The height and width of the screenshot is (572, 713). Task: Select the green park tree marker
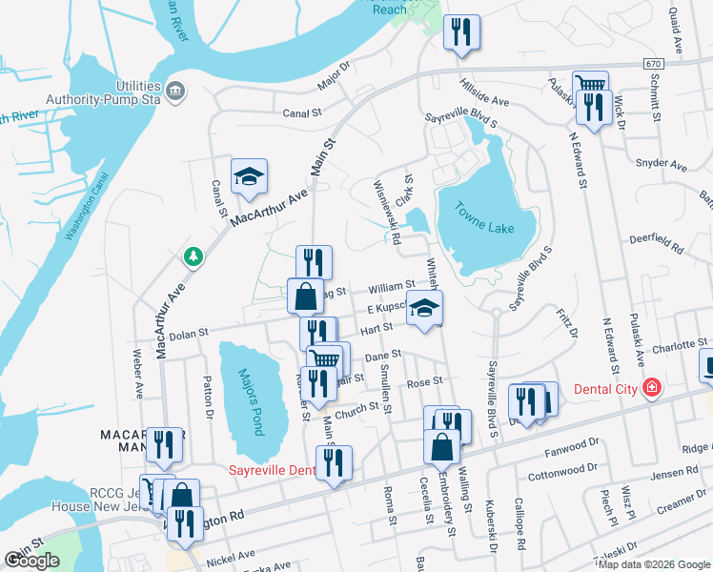pos(193,256)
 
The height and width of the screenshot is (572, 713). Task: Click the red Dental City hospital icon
pos(651,388)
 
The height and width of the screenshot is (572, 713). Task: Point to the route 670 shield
pos(652,63)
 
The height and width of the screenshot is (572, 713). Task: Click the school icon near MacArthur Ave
pos(249,176)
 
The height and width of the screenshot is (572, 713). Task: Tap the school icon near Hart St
pos(425,310)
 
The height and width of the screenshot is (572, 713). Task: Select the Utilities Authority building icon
pos(175,92)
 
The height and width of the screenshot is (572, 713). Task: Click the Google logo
pos(31,561)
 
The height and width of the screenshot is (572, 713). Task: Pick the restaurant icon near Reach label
pos(461,32)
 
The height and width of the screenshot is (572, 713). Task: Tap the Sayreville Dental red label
pos(272,470)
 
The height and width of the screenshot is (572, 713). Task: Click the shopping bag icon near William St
pos(304,296)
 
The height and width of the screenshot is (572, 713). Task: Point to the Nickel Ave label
pos(232,554)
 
